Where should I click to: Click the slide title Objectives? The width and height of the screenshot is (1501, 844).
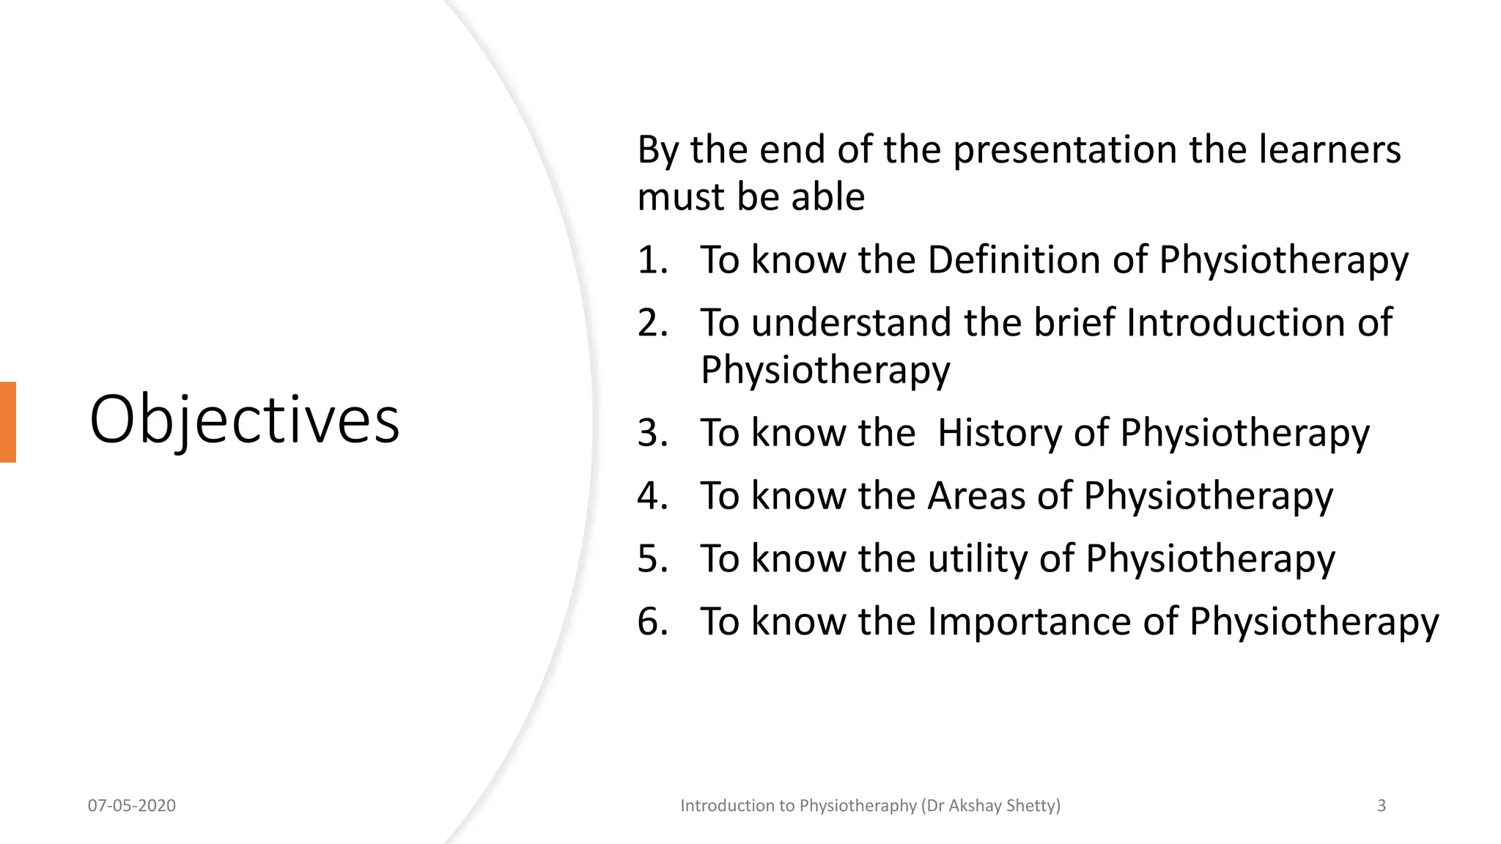pos(244,419)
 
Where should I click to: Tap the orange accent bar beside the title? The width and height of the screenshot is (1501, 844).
pos(7,422)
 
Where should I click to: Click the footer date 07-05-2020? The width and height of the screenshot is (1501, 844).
pos(132,806)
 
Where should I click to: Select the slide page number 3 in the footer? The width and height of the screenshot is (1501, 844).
pos(1382,806)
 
